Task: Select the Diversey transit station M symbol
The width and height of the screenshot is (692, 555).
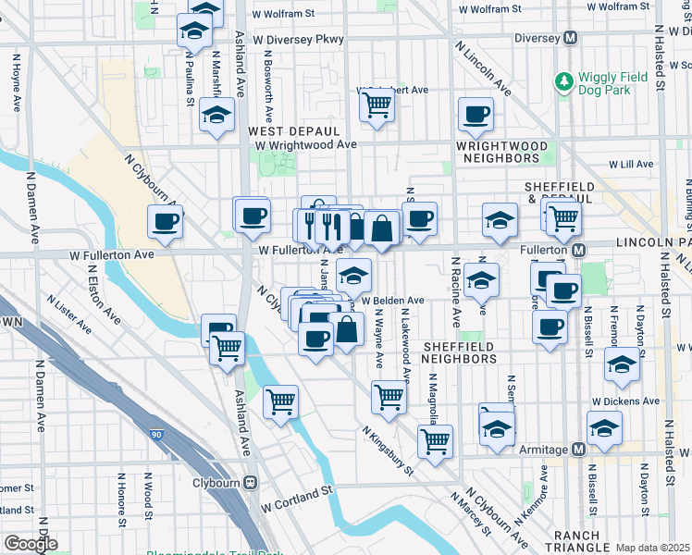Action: coord(570,39)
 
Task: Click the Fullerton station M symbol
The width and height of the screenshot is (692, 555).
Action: coord(578,251)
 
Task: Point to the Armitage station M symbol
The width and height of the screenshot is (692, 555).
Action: coord(578,449)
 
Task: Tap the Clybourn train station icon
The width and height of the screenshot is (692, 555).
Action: coord(249,483)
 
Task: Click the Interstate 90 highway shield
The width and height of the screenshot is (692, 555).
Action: coord(154,432)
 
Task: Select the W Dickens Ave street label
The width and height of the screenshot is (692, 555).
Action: coord(626,401)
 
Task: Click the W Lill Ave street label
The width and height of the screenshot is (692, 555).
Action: coord(631,164)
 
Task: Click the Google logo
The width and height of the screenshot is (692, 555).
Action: coord(30,544)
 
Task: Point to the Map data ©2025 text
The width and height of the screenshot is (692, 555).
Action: coord(653,548)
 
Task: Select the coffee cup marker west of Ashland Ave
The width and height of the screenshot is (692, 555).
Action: coord(166,222)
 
